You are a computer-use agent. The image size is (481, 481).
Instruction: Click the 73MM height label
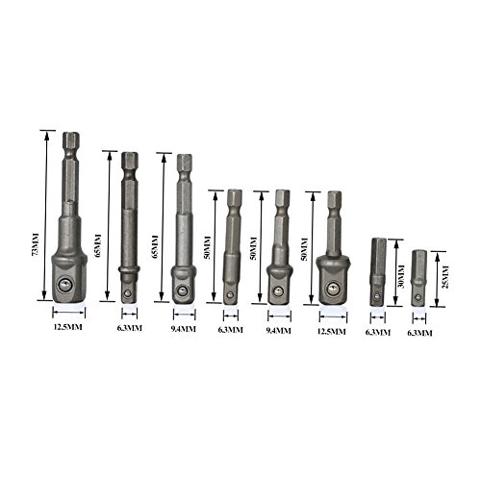click(x=35, y=244)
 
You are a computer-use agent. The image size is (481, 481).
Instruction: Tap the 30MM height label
click(x=401, y=277)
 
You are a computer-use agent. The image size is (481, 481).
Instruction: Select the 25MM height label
click(x=445, y=276)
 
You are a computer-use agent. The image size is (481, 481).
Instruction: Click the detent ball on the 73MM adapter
click(x=65, y=285)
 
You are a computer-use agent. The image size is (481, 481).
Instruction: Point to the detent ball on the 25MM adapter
click(x=419, y=296)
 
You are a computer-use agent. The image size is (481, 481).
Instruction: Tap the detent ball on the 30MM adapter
click(x=378, y=296)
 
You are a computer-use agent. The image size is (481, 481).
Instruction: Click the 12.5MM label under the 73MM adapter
click(x=67, y=327)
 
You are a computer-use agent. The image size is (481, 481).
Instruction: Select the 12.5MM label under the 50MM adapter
click(x=332, y=331)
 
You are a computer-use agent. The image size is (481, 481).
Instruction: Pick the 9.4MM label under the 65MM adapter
click(x=183, y=329)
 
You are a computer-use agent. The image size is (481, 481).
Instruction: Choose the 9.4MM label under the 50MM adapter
click(x=279, y=330)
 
